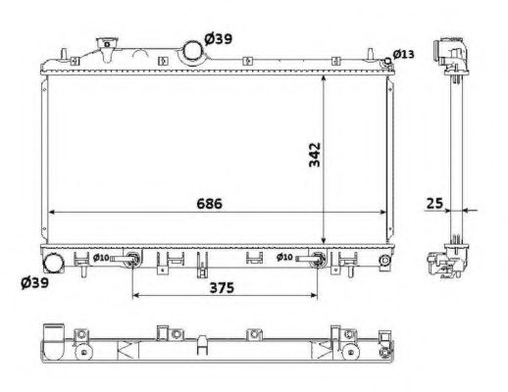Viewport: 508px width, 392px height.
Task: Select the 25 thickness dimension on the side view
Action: (x=432, y=203)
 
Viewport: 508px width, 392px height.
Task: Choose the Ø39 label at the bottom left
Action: (x=36, y=285)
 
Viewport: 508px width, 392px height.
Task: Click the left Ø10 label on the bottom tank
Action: (x=99, y=258)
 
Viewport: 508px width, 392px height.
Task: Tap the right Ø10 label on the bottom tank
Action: (x=284, y=258)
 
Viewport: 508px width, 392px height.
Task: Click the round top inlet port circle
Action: (x=190, y=48)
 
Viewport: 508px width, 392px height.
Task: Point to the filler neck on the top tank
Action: (x=104, y=47)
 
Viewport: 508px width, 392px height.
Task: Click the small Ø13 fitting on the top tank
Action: (x=388, y=61)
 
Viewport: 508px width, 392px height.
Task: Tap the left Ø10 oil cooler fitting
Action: (x=132, y=261)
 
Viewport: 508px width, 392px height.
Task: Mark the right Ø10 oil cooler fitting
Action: (x=318, y=261)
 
